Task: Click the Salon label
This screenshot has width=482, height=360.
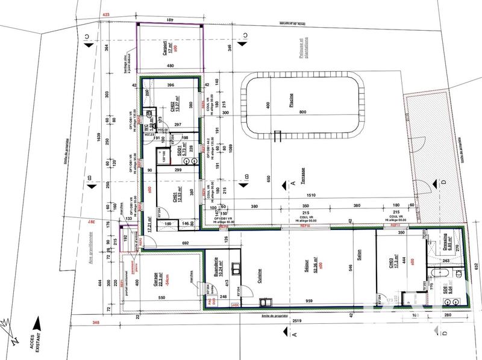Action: (358, 255)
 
